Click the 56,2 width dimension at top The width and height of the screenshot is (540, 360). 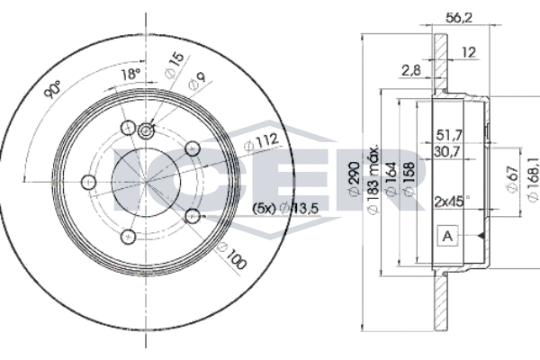459,18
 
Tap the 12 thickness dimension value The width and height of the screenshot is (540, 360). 469,52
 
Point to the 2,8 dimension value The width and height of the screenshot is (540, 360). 411,70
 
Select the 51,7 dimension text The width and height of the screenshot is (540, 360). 449,135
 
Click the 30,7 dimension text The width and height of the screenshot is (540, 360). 447,151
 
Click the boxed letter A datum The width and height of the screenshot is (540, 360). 447,236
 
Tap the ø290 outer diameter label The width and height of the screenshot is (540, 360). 355,178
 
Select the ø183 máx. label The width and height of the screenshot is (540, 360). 373,179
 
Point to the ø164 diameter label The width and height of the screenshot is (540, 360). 391,179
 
